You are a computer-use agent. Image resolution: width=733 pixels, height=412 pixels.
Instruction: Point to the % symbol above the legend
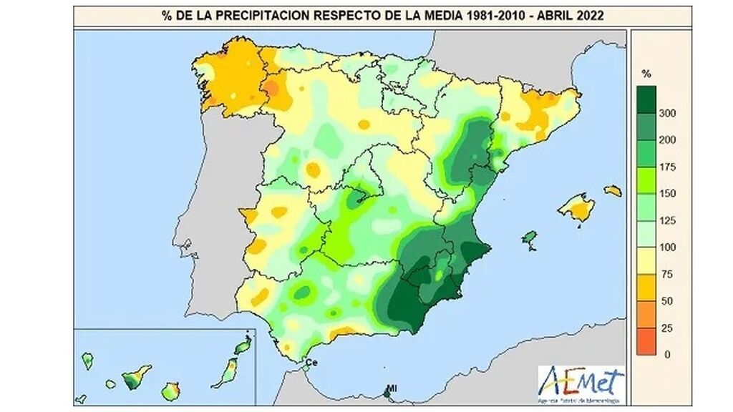click(x=646, y=74)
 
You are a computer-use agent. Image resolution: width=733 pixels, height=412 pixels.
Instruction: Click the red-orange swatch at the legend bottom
click(x=646, y=340)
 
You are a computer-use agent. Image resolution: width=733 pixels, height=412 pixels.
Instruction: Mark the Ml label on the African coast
click(x=392, y=390)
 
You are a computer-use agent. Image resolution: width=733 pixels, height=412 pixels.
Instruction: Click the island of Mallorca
click(x=576, y=208)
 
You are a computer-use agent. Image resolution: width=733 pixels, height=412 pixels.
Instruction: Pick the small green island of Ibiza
click(x=530, y=237)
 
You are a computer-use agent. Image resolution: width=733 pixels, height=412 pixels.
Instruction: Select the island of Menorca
click(x=612, y=191)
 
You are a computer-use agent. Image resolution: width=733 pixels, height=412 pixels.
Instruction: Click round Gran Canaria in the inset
click(x=171, y=391)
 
